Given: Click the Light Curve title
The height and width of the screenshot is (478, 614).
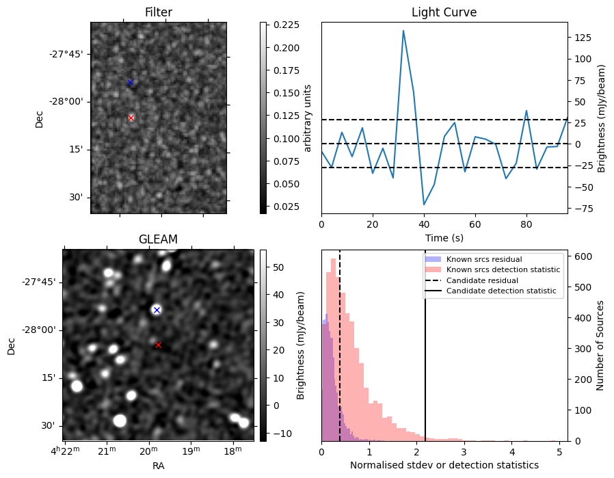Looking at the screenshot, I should tap(444, 12).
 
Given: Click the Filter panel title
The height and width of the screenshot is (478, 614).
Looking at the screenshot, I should tap(159, 12).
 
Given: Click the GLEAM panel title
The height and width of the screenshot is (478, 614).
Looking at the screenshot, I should tap(158, 239).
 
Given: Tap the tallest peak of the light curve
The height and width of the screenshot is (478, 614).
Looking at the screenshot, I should tap(403, 31).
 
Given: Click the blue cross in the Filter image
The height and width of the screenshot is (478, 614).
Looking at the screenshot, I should tap(130, 83).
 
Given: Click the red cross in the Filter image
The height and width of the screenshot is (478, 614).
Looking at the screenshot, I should tap(131, 118).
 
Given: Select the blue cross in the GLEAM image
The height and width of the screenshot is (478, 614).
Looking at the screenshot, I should tap(157, 310).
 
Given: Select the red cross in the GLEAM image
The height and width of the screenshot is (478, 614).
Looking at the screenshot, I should tap(158, 345).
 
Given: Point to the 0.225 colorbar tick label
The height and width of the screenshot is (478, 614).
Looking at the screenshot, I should tap(283, 25).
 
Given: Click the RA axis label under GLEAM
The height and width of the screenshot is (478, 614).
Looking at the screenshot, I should tap(158, 466).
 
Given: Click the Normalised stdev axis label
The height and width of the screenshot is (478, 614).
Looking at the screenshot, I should tap(444, 465).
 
